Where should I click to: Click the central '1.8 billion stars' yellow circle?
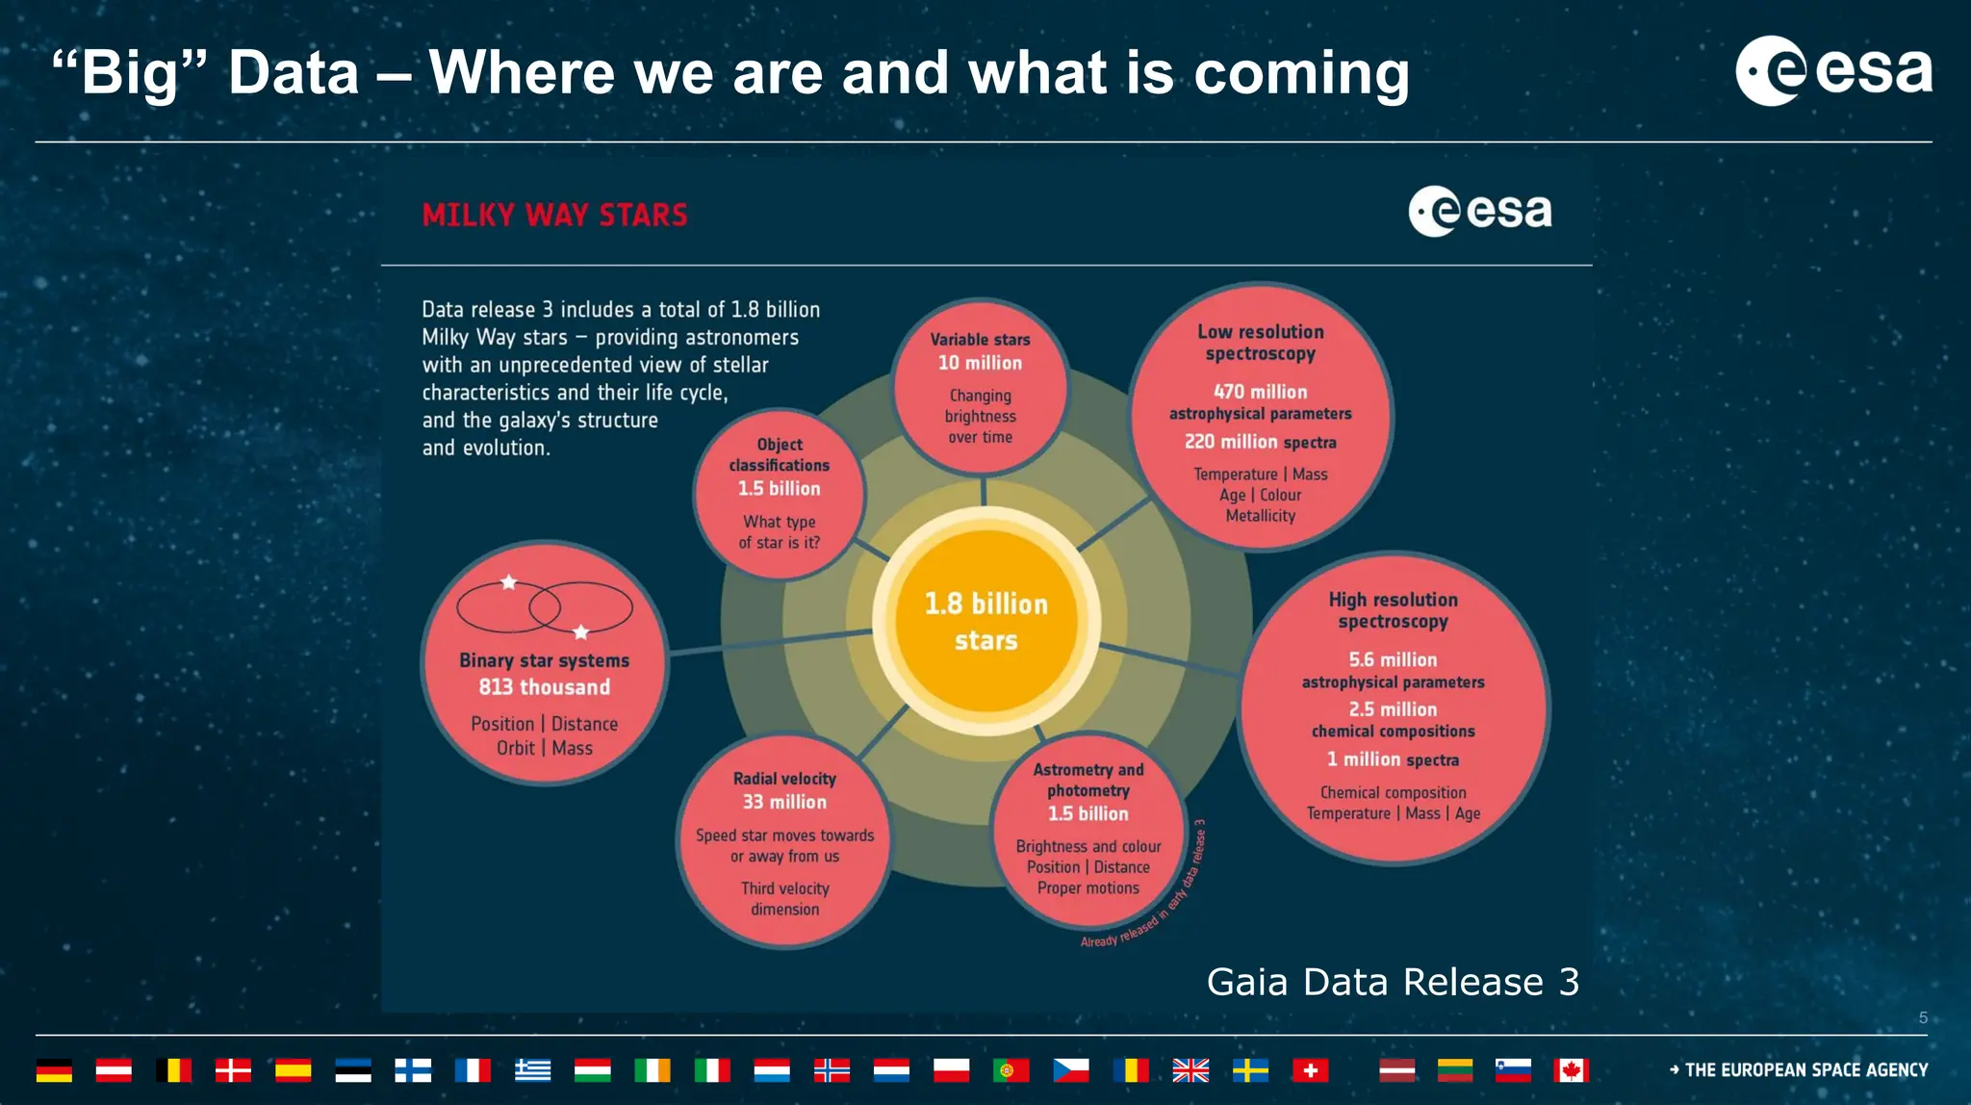pyautogui.click(x=986, y=621)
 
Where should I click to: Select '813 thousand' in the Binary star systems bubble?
pyautogui.click(x=545, y=687)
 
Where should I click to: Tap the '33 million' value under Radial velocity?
pyautogui.click(x=784, y=802)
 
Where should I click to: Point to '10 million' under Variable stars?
pyautogui.click(x=980, y=363)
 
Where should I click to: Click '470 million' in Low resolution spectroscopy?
pyautogui.click(x=1260, y=392)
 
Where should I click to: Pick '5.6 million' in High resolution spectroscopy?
pyautogui.click(x=1393, y=659)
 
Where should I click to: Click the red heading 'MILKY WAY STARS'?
pyautogui.click(x=554, y=215)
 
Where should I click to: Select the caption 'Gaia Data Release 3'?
pyautogui.click(x=1393, y=982)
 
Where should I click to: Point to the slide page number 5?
pyautogui.click(x=1923, y=1017)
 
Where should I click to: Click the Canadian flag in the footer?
pyautogui.click(x=1571, y=1070)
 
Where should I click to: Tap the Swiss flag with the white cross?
pyautogui.click(x=1310, y=1070)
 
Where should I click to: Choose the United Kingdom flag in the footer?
pyautogui.click(x=1190, y=1070)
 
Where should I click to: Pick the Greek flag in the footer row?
pyautogui.click(x=532, y=1070)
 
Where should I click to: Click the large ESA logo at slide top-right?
pyautogui.click(x=1833, y=70)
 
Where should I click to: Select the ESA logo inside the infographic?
pyautogui.click(x=1480, y=212)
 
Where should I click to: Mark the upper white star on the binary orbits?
pyautogui.click(x=509, y=582)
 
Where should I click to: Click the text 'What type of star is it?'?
pyautogui.click(x=780, y=532)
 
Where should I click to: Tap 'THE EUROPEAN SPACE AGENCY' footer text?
pyautogui.click(x=1805, y=1070)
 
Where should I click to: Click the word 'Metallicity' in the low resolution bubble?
pyautogui.click(x=1260, y=516)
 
